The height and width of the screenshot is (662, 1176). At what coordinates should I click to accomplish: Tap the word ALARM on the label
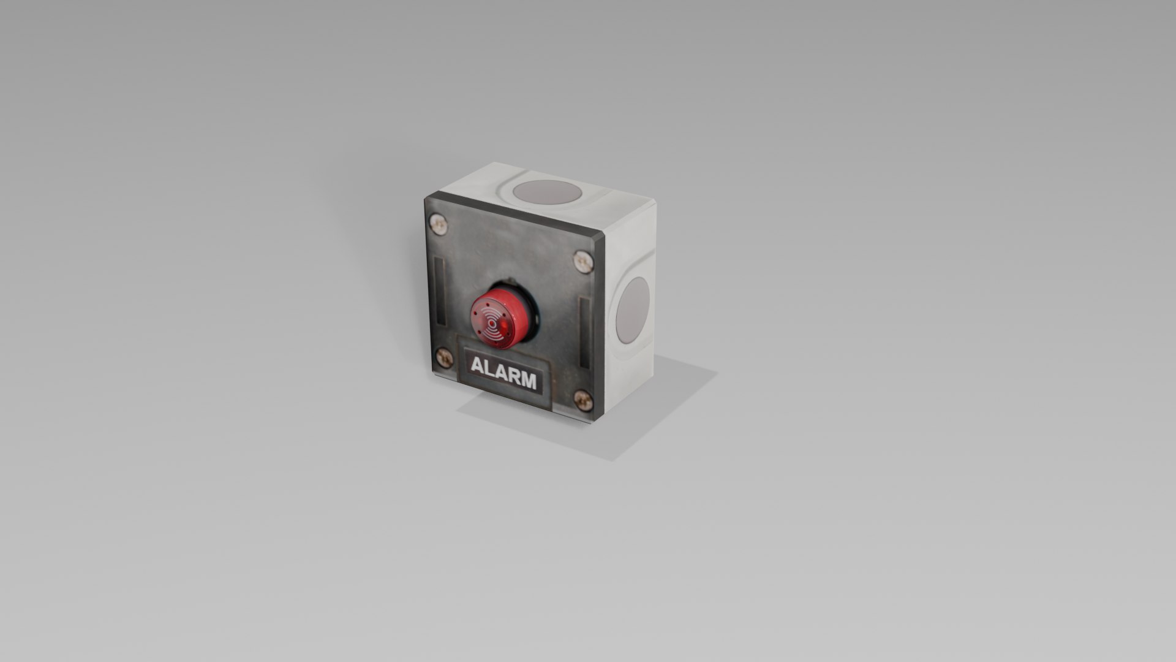pyautogui.click(x=503, y=373)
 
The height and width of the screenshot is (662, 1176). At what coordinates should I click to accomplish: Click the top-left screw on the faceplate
pyautogui.click(x=439, y=225)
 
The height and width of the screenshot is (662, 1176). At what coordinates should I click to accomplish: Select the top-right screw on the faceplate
pyautogui.click(x=583, y=262)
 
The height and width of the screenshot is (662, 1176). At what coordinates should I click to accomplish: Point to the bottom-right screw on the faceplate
pyautogui.click(x=583, y=401)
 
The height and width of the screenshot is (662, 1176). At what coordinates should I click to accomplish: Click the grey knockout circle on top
pyautogui.click(x=546, y=192)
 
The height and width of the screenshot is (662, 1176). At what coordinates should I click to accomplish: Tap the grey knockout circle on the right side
pyautogui.click(x=632, y=310)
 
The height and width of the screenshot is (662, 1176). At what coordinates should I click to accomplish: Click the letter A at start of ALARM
pyautogui.click(x=477, y=366)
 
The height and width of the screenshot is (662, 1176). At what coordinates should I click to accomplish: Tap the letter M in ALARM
pyautogui.click(x=528, y=381)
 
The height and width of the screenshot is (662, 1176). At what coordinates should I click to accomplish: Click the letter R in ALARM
pyautogui.click(x=513, y=376)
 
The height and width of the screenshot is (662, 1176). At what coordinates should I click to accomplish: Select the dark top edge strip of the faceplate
pyautogui.click(x=514, y=215)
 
